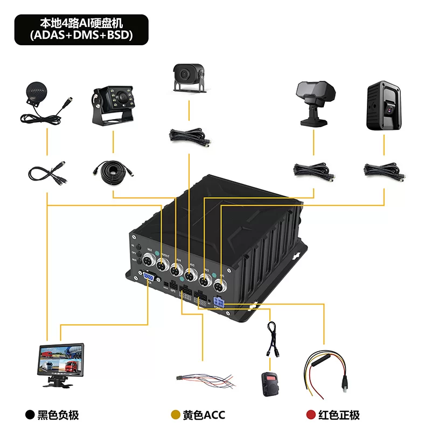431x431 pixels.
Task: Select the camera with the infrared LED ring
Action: (x=115, y=103)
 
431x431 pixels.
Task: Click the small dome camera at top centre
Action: (x=188, y=76)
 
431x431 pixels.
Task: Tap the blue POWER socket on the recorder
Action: (x=220, y=302)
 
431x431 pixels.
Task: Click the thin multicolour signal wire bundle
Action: (x=205, y=379)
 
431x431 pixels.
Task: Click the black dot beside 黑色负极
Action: (x=30, y=415)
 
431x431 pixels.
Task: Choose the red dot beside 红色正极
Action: (x=310, y=415)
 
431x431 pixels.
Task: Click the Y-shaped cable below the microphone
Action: (x=47, y=172)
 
